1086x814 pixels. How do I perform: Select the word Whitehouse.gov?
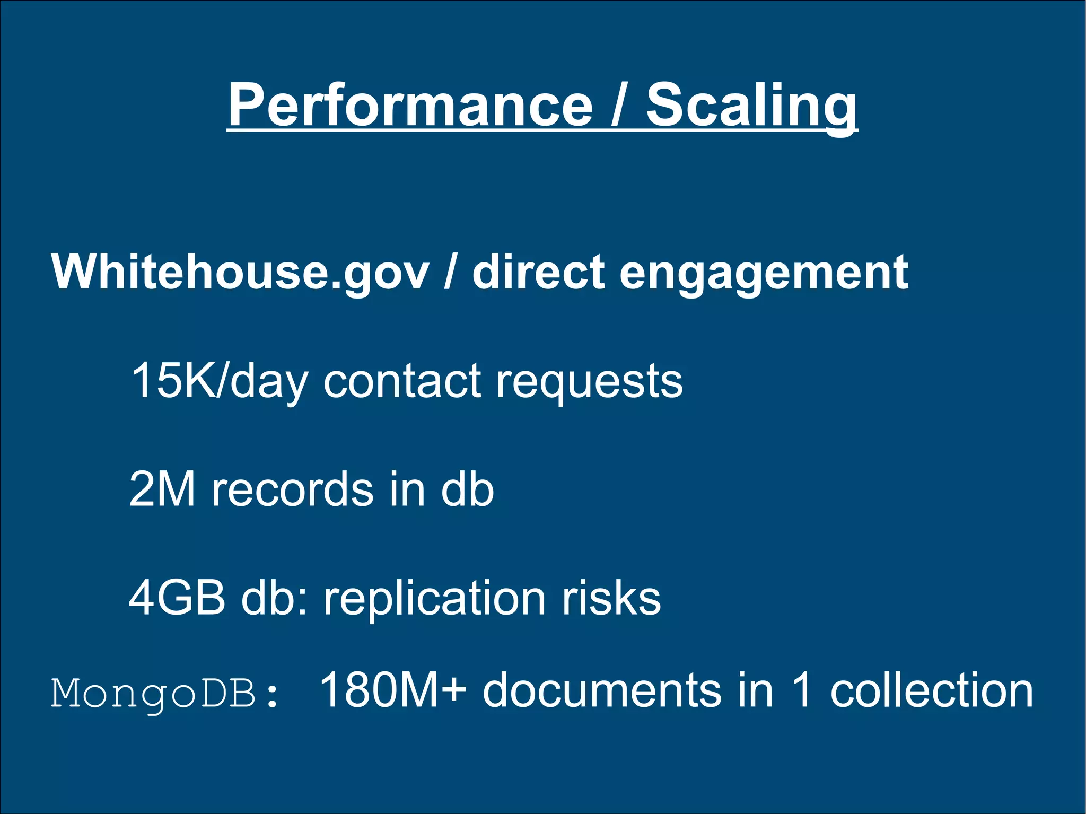pos(240,273)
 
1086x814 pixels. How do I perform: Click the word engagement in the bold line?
pos(764,273)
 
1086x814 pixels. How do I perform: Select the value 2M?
pos(162,489)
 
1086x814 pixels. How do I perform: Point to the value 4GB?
pos(177,598)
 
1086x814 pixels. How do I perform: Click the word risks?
pos(611,598)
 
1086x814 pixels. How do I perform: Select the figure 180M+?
pos(392,690)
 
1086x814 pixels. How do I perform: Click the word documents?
pos(602,690)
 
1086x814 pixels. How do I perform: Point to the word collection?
pos(932,690)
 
